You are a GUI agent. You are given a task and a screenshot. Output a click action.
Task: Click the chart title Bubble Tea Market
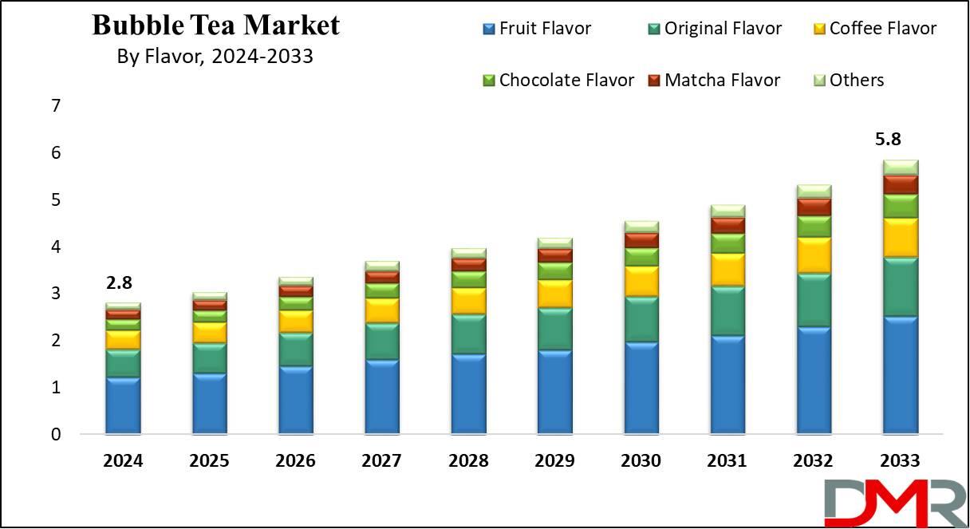pos(215,26)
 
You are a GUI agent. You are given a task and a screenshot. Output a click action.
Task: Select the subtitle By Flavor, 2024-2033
pos(215,57)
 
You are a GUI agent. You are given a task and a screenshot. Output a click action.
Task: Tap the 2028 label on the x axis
pos(468,461)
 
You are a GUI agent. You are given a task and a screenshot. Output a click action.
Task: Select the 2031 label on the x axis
pos(727,461)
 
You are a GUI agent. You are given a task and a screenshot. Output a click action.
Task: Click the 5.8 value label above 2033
pos(900,139)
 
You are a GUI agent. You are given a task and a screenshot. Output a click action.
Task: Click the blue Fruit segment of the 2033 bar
pos(900,375)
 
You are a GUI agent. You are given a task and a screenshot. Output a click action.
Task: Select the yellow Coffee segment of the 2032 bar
pos(814,255)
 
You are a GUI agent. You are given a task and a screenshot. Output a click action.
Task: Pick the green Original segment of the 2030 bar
pos(641,319)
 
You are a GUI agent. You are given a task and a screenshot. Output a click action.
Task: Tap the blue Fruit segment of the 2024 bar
pos(123,405)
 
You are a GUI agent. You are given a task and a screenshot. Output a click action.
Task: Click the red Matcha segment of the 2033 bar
pos(900,184)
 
